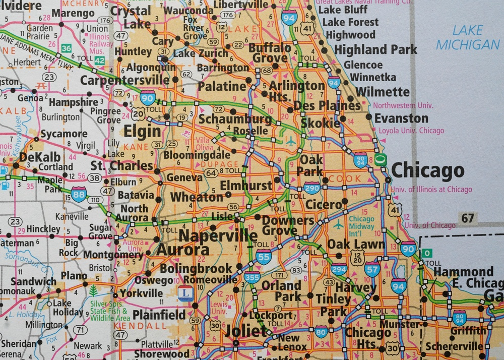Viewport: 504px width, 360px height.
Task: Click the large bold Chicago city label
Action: click(x=427, y=171)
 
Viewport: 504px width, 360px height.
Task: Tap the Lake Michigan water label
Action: click(x=468, y=38)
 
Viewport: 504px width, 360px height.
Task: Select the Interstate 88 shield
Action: click(x=79, y=194)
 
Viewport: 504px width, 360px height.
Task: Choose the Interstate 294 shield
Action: click(x=339, y=269)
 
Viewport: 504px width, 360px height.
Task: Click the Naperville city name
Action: click(x=218, y=235)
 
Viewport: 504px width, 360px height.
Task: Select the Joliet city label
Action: click(x=246, y=331)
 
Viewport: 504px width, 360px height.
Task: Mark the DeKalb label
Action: click(x=36, y=157)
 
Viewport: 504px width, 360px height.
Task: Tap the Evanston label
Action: click(x=401, y=118)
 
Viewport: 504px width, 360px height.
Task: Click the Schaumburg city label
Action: click(x=235, y=119)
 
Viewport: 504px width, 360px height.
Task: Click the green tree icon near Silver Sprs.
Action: click(x=93, y=290)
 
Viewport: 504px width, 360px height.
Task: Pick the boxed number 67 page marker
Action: click(x=468, y=218)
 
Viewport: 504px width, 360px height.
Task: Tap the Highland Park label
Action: click(x=375, y=49)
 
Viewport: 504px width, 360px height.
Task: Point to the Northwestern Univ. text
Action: click(x=403, y=105)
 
